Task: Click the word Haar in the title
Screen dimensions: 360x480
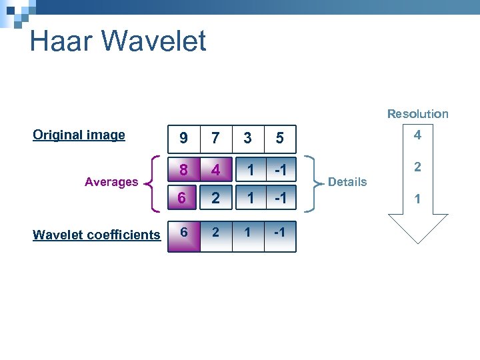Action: tap(61, 41)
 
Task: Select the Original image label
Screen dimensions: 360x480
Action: tap(79, 135)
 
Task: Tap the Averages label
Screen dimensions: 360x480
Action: tap(111, 182)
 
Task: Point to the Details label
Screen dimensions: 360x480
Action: tap(347, 182)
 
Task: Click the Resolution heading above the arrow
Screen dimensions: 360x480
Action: tap(418, 114)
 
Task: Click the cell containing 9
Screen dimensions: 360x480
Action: tap(183, 138)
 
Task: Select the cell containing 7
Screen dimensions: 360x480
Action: tap(215, 138)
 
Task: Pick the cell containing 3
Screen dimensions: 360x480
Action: tap(248, 138)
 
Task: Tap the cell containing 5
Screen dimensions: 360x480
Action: tap(280, 138)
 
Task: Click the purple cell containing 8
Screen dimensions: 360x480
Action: tap(183, 171)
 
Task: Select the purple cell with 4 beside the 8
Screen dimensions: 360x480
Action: tap(215, 171)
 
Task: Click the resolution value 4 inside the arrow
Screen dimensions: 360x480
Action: tap(417, 135)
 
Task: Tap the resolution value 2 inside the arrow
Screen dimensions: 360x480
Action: tap(417, 167)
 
